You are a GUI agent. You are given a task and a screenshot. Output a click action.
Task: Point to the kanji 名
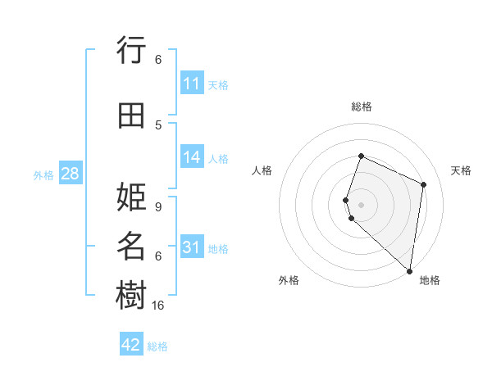pyautogui.click(x=131, y=247)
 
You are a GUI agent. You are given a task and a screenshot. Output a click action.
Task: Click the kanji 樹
pyautogui.click(x=131, y=295)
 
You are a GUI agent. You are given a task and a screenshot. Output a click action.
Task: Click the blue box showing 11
pyautogui.click(x=192, y=84)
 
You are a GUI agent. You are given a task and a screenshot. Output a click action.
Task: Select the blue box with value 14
pyautogui.click(x=192, y=157)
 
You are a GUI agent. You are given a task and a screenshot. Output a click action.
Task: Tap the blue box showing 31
pyautogui.click(x=192, y=247)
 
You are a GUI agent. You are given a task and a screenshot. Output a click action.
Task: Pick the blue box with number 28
pyautogui.click(x=70, y=174)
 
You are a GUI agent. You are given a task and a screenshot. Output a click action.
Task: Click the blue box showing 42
pyautogui.click(x=131, y=345)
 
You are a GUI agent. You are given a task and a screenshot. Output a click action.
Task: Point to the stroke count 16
pyautogui.click(x=158, y=305)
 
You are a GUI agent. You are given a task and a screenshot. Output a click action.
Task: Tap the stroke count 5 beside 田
pyautogui.click(x=158, y=125)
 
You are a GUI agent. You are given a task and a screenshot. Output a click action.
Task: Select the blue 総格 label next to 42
pyautogui.click(x=157, y=346)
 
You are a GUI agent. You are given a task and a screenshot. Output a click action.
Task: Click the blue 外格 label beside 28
pyautogui.click(x=43, y=174)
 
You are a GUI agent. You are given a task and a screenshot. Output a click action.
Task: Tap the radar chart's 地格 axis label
pyautogui.click(x=430, y=280)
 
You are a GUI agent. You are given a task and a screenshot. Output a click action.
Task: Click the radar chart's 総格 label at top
pyautogui.click(x=362, y=106)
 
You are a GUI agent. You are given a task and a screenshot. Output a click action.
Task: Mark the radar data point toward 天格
pyautogui.click(x=424, y=184)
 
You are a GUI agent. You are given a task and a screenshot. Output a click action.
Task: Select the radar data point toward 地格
pyautogui.click(x=410, y=271)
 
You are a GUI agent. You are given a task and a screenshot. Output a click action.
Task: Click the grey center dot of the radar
pyautogui.click(x=362, y=204)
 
